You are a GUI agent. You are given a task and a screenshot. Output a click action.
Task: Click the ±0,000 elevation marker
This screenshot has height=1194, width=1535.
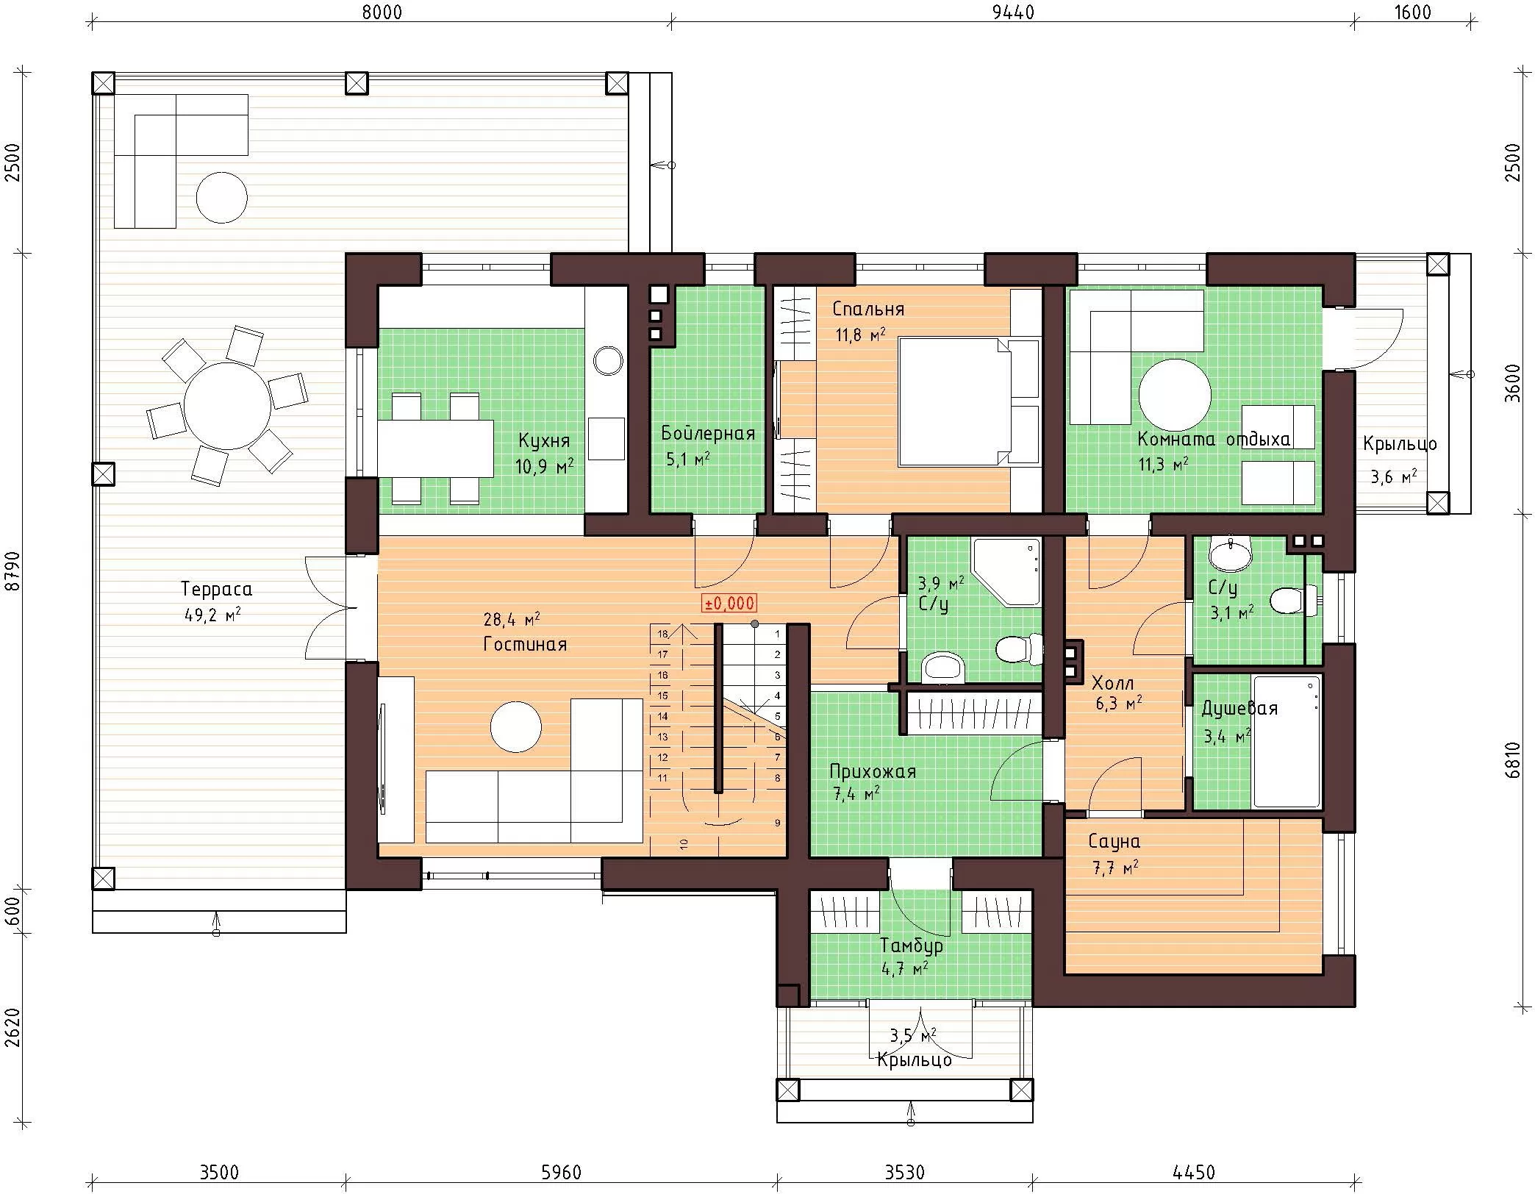pyautogui.click(x=729, y=604)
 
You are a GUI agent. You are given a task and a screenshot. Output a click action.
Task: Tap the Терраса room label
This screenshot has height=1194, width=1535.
pyautogui.click(x=216, y=589)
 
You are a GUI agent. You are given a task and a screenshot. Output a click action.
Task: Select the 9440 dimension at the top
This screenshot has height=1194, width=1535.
pyautogui.click(x=1012, y=12)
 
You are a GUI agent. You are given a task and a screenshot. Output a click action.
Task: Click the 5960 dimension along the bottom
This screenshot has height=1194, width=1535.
pyautogui.click(x=561, y=1172)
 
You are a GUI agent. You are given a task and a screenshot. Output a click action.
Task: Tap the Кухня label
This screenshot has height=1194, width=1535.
pyautogui.click(x=543, y=441)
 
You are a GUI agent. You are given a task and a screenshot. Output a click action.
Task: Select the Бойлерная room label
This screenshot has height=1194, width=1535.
pyautogui.click(x=708, y=433)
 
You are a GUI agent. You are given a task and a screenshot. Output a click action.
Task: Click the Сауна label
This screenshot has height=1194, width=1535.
pyautogui.click(x=1114, y=841)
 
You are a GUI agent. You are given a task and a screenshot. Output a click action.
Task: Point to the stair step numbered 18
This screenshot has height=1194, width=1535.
pyautogui.click(x=662, y=634)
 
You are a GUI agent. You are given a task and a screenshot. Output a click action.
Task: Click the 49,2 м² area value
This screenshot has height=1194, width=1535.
pyautogui.click(x=212, y=615)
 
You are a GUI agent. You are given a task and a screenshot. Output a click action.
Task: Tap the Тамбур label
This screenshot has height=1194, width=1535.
pyautogui.click(x=912, y=945)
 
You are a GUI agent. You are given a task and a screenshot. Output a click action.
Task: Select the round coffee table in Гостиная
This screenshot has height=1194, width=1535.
pyautogui.click(x=516, y=727)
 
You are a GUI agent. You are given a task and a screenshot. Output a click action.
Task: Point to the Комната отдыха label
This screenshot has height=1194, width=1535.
pyautogui.click(x=1213, y=440)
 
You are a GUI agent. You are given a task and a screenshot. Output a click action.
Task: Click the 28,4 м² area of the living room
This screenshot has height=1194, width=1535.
pyautogui.click(x=512, y=619)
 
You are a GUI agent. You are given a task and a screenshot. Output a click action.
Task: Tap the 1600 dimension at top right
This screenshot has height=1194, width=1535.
pyautogui.click(x=1412, y=12)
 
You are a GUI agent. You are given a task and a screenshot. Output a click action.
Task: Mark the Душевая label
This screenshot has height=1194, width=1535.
pyautogui.click(x=1239, y=709)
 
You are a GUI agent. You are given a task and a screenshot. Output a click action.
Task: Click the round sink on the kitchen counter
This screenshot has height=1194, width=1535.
pyautogui.click(x=608, y=360)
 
